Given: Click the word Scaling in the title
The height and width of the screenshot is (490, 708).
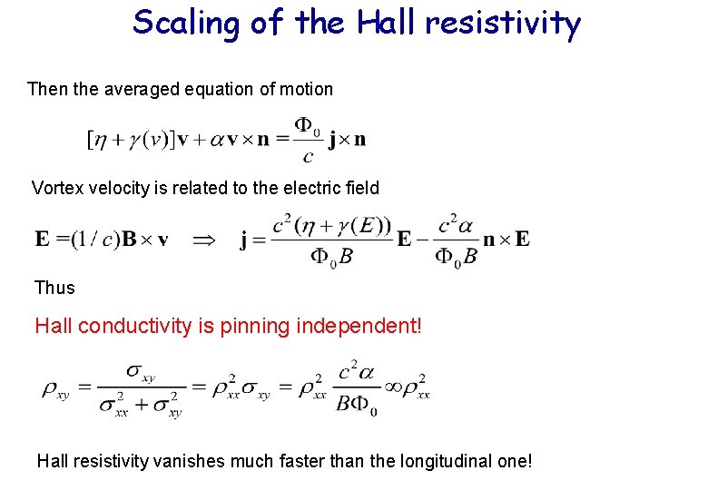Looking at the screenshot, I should pos(186,23).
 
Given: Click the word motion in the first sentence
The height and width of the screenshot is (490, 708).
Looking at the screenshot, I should pos(307,89).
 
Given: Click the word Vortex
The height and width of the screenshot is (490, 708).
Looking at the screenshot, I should pos(56,189).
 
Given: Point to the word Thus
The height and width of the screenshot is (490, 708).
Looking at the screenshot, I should pos(54,288).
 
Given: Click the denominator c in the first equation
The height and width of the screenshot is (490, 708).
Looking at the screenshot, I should pos(309,156).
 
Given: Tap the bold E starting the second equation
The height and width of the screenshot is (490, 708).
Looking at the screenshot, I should pos(43,240).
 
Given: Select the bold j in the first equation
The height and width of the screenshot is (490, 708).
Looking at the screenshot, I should pos(333,140).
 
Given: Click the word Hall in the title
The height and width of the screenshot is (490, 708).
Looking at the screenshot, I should pos(388,23).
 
